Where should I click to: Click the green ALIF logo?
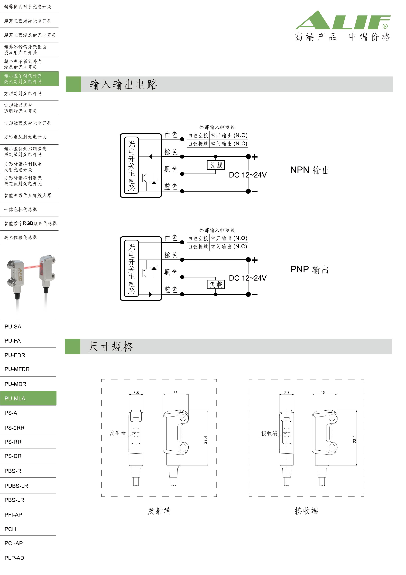343,20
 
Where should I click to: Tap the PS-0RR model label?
15,428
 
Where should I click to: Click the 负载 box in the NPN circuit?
216,165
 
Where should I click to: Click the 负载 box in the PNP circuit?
216,285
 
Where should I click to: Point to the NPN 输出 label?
310,170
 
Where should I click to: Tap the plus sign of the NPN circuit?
255,157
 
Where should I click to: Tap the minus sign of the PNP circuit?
255,295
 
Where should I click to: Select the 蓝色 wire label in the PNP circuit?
171,290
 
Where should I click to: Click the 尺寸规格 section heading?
111,347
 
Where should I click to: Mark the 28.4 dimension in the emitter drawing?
205,440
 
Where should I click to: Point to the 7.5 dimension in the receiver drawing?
287,393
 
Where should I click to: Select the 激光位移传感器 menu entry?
20,237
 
